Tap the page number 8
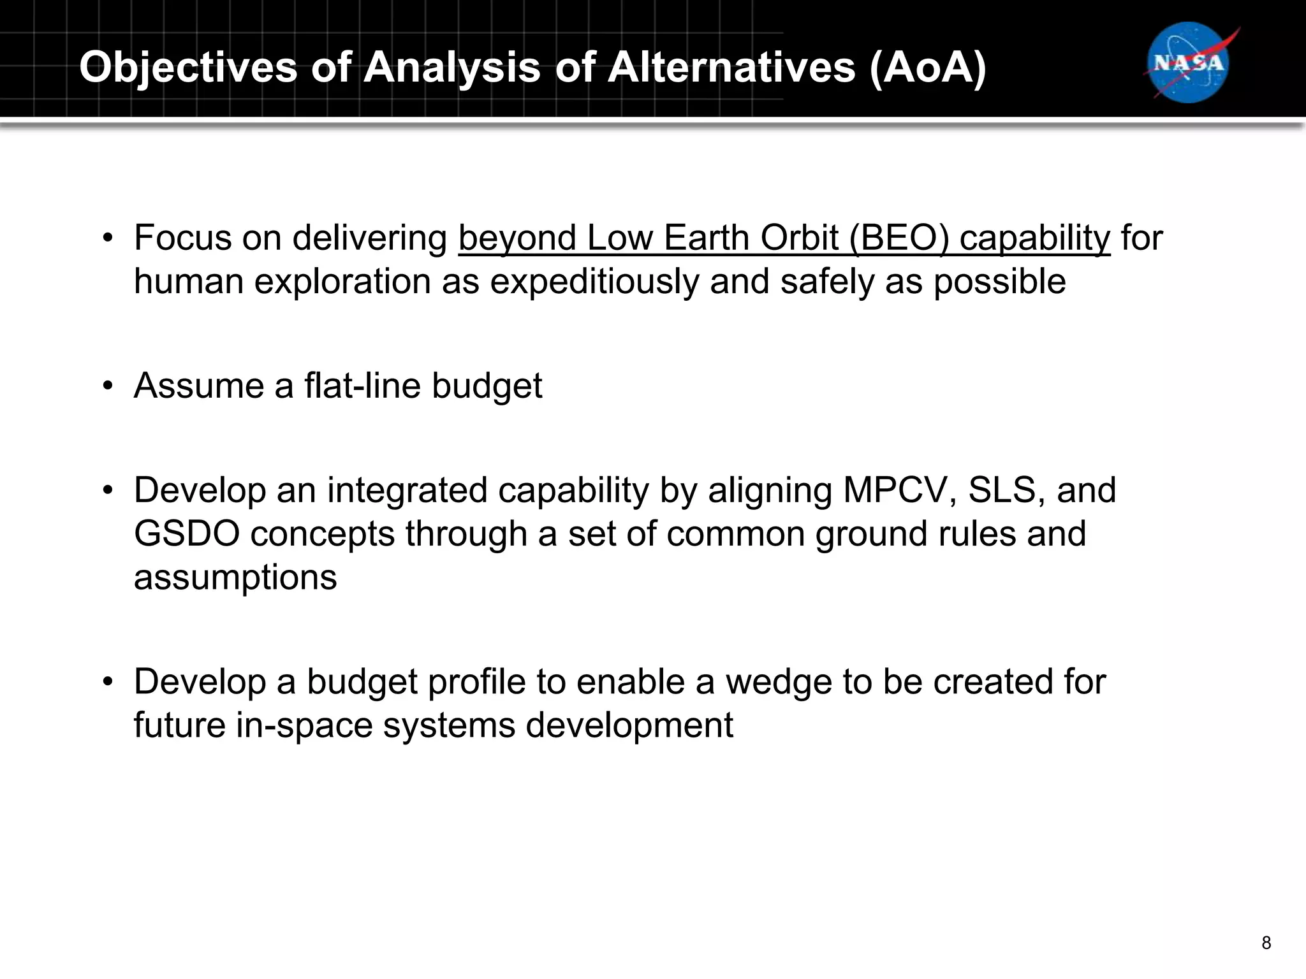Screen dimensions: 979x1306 [1266, 943]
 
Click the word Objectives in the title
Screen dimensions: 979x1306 [188, 67]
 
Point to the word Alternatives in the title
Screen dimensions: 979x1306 [731, 67]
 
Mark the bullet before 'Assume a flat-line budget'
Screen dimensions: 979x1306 [108, 386]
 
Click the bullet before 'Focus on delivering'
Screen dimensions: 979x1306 [108, 238]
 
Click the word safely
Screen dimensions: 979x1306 [827, 282]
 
